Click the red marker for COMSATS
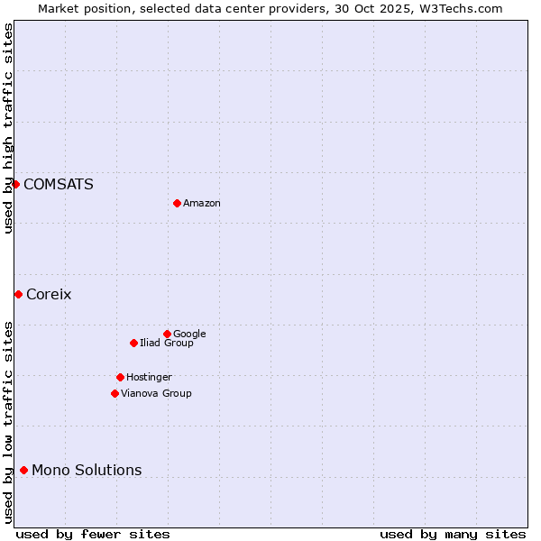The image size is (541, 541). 15,184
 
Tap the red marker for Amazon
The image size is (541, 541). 177,203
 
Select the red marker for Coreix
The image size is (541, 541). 18,294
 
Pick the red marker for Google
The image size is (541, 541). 167,334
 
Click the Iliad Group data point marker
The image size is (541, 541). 133,343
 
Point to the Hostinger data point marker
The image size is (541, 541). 120,377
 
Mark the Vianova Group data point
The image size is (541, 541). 115,393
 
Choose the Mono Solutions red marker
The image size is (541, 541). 23,470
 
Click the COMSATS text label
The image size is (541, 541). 59,185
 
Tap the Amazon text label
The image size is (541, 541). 202,204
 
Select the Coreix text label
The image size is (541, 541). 49,295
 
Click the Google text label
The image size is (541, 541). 189,335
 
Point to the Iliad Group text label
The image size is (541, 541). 167,344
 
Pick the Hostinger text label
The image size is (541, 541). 149,378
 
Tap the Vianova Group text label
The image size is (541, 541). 156,394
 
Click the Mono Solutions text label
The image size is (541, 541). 87,471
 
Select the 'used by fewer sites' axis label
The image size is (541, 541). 93,534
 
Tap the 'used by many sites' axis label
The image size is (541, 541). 453,534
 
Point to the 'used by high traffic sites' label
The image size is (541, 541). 8,128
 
